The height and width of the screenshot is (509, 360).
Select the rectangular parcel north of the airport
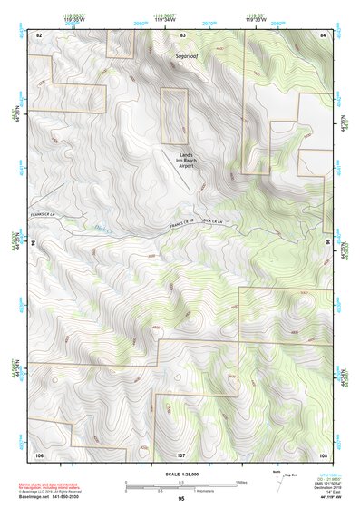coord(172,116)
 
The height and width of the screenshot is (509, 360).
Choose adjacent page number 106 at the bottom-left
coord(39,454)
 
